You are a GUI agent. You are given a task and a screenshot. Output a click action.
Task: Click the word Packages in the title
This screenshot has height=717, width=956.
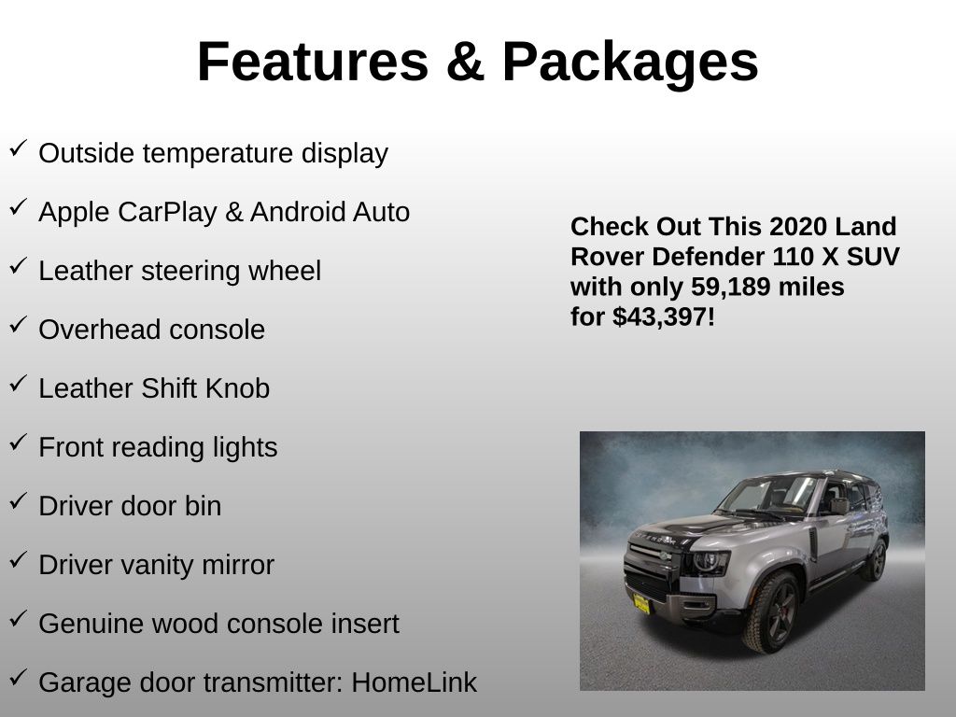(x=630, y=63)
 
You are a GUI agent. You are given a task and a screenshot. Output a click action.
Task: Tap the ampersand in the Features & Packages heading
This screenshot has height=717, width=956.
(x=466, y=61)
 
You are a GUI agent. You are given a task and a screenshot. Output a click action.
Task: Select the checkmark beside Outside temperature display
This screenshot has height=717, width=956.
(x=19, y=148)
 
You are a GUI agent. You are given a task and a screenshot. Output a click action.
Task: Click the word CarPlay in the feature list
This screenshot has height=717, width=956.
(x=167, y=213)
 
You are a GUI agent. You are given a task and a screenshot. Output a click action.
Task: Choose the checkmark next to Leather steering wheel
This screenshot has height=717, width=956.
(x=19, y=266)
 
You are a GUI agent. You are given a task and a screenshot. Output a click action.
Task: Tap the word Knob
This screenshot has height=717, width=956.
(x=237, y=388)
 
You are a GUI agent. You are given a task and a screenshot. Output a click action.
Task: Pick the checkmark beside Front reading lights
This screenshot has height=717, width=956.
(x=19, y=442)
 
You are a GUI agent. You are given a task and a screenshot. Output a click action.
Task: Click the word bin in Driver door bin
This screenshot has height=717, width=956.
(x=203, y=506)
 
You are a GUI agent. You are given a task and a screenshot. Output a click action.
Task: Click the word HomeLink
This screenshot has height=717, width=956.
(x=414, y=682)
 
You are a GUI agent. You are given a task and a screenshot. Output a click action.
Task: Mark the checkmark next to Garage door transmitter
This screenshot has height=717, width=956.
(x=19, y=678)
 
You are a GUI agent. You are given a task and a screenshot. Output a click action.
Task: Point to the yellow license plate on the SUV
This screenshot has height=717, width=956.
(x=641, y=604)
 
